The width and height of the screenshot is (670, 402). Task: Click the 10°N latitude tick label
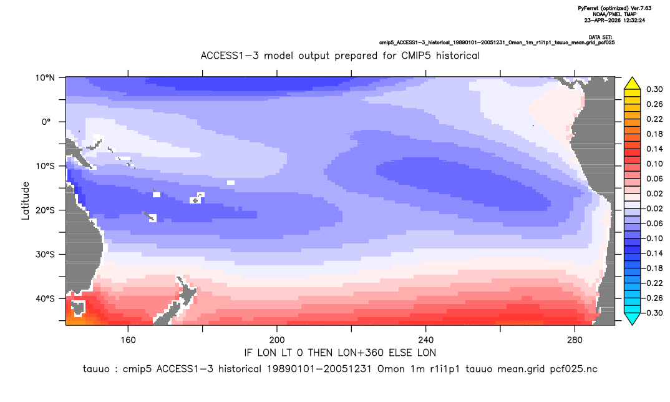(45, 78)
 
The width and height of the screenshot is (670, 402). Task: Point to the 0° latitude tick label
(47, 122)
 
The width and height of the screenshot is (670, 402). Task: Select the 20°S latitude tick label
(45, 210)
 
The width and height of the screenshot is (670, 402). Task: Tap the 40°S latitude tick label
(45, 298)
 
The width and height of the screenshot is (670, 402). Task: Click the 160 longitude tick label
(128, 340)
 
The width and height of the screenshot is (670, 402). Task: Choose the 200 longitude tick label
(277, 340)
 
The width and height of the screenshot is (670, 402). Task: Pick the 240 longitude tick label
(426, 340)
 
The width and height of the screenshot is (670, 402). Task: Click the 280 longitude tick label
(575, 340)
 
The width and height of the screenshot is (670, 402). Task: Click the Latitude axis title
(26, 201)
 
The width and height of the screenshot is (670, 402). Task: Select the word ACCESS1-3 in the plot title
(230, 56)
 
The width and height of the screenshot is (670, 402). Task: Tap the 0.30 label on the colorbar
(654, 89)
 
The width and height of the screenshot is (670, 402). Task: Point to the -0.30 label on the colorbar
(653, 313)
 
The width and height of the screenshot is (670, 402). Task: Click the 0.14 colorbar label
(654, 149)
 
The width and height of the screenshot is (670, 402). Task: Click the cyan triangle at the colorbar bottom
(632, 318)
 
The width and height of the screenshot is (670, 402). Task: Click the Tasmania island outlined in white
(79, 308)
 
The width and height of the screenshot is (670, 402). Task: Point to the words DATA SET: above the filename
(600, 37)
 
